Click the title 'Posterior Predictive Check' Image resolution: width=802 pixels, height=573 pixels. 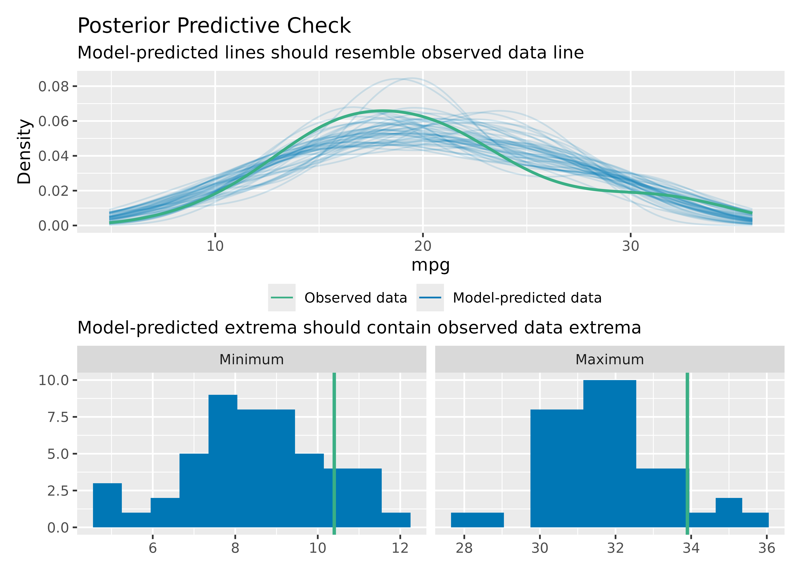tap(214, 26)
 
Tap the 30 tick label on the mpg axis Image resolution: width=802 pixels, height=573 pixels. tap(630, 246)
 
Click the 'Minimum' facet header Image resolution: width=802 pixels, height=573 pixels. tap(251, 359)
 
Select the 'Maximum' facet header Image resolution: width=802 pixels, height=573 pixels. tap(610, 359)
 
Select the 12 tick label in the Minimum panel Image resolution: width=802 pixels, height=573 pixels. tap(400, 548)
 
